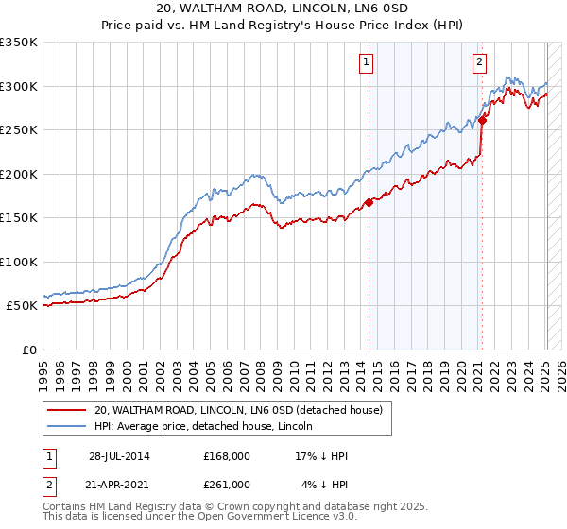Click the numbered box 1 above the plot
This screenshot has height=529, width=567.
coord(366,62)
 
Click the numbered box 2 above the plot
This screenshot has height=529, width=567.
coord(479,62)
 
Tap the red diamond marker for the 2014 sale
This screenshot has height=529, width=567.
coord(369,202)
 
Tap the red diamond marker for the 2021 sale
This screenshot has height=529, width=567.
coord(482,120)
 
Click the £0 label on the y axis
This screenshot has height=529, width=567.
coord(28,350)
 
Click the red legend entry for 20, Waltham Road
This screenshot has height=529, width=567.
coord(237,410)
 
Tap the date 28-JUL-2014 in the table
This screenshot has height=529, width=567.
coord(119,456)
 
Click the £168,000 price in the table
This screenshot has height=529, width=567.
coord(227,456)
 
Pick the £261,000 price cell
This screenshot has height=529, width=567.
coord(227,484)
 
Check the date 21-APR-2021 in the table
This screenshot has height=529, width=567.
coord(119,484)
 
